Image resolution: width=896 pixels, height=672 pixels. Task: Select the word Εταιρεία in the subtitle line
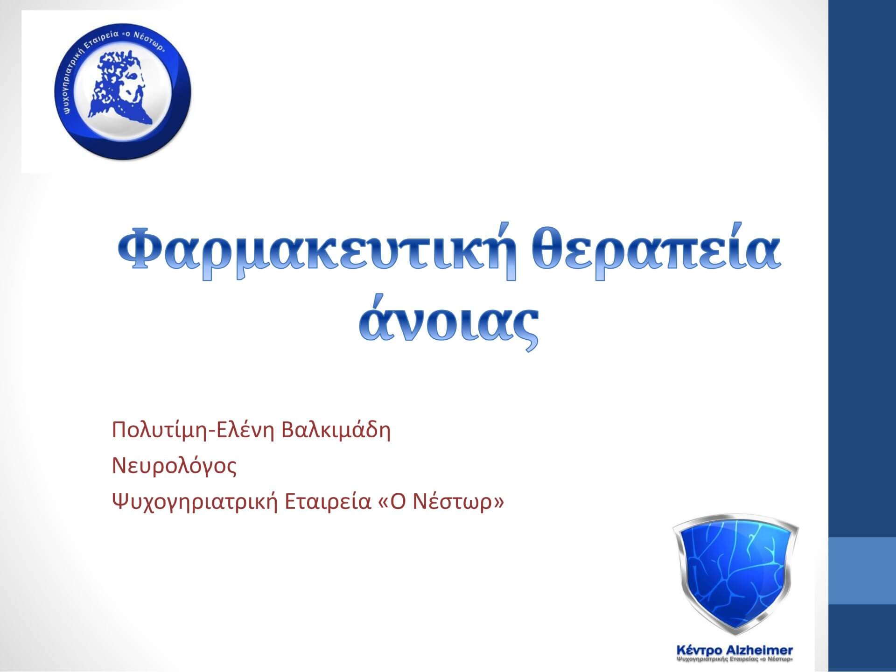pos(327,502)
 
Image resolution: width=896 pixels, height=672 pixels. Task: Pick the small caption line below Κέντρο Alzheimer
pos(735,660)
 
